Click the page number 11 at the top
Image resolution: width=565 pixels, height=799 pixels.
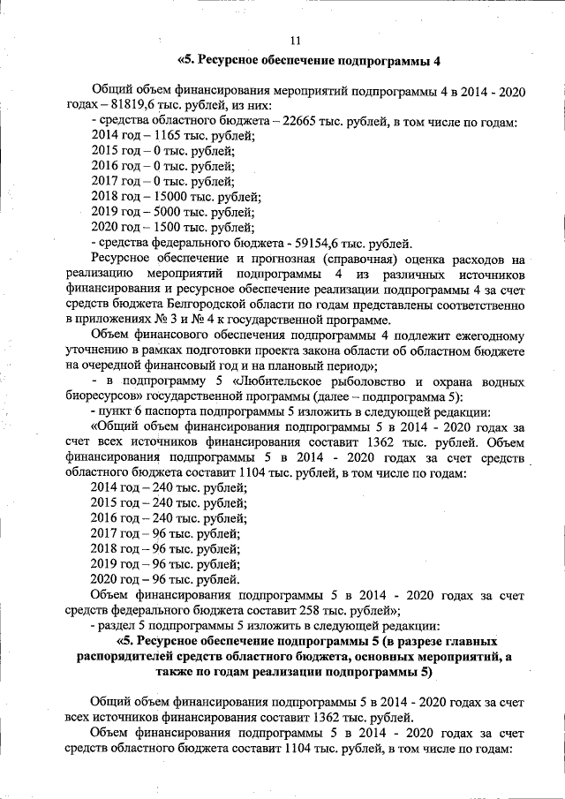(295, 40)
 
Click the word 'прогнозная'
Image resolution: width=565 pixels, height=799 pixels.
(293, 259)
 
